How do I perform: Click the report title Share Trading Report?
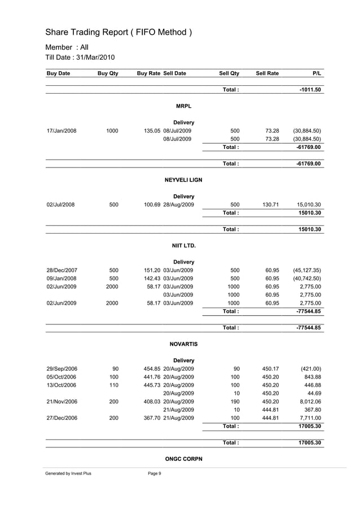click(x=118, y=32)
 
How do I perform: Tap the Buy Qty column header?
click(x=108, y=73)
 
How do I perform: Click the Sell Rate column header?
click(x=267, y=73)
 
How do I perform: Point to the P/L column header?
click(x=317, y=73)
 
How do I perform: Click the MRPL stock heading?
click(x=183, y=106)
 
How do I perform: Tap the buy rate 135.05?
click(x=152, y=131)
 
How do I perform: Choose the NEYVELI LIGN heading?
click(x=183, y=180)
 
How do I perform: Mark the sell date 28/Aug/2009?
click(x=179, y=205)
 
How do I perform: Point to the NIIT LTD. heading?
click(x=183, y=245)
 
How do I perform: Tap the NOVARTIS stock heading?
click(x=183, y=344)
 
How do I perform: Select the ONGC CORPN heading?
click(x=183, y=459)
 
